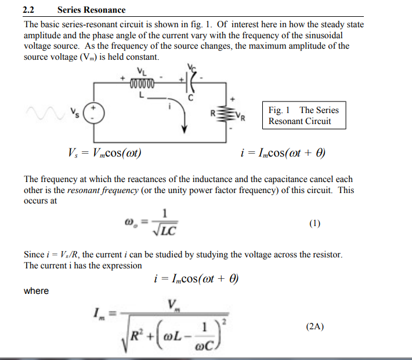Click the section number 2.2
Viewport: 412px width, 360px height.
click(x=29, y=9)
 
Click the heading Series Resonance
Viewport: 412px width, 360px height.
click(x=91, y=9)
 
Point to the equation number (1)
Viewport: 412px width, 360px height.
click(x=315, y=224)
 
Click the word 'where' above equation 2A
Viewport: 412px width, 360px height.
click(x=36, y=290)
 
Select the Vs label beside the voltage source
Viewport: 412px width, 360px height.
click(x=74, y=111)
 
